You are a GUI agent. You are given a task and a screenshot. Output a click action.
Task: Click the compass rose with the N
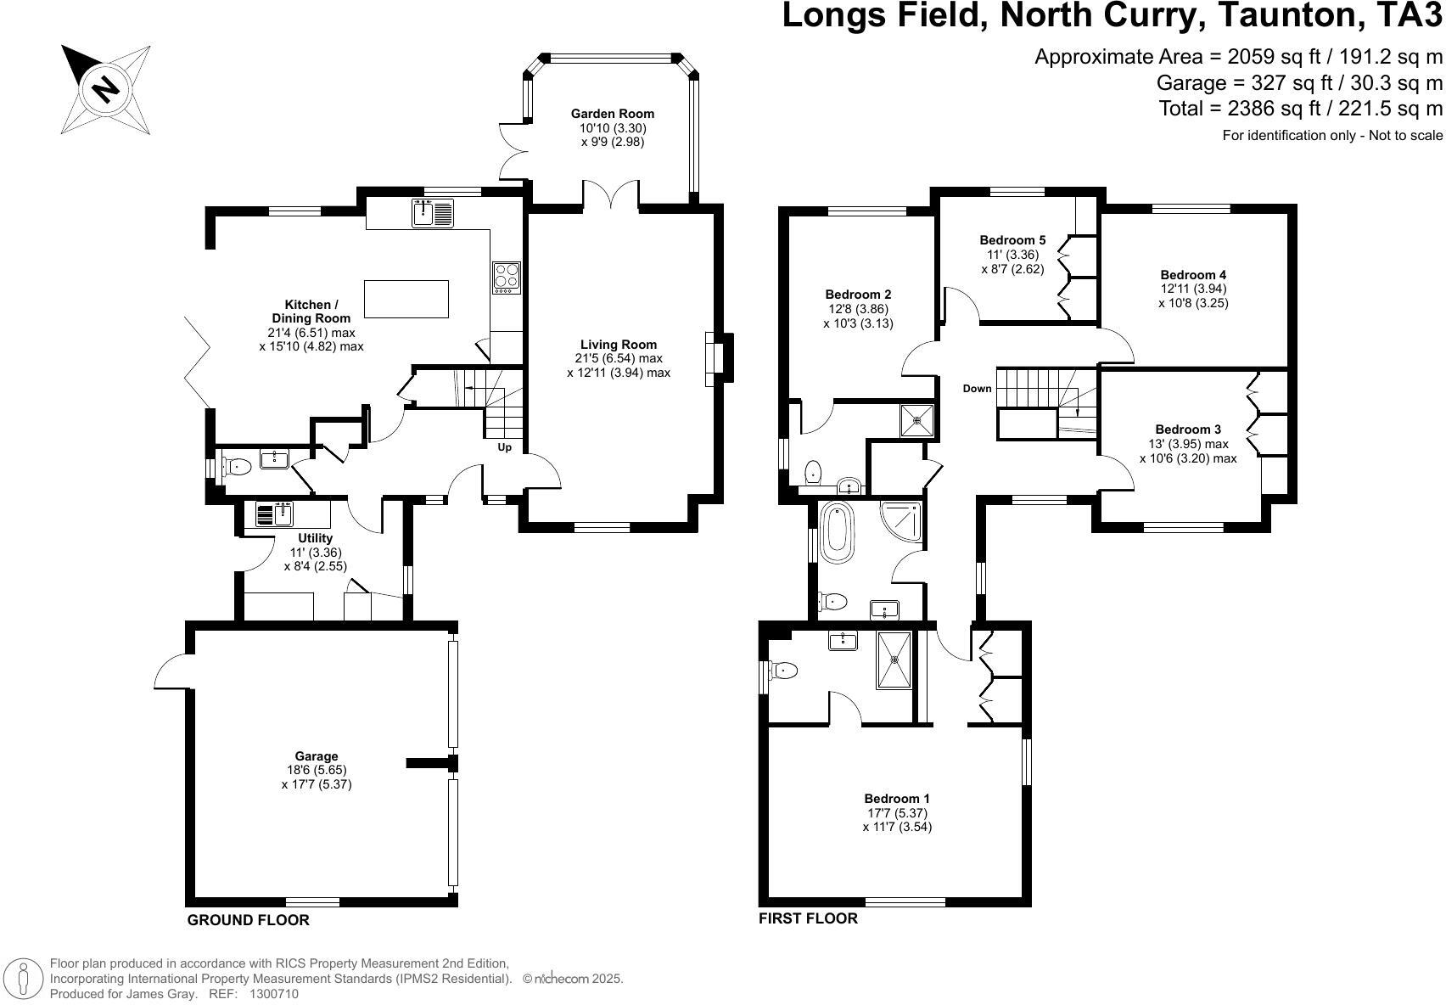pyautogui.click(x=105, y=88)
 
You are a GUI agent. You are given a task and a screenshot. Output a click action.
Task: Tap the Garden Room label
pyautogui.click(x=612, y=114)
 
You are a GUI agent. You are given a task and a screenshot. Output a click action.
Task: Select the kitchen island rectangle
pyautogui.click(x=406, y=299)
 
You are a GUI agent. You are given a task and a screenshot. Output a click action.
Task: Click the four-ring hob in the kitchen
pyautogui.click(x=507, y=278)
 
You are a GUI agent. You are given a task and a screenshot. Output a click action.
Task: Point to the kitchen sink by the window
pyautogui.click(x=433, y=212)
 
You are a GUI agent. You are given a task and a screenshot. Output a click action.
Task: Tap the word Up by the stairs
pyautogui.click(x=504, y=447)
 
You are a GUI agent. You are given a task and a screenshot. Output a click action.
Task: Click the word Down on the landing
pyautogui.click(x=977, y=389)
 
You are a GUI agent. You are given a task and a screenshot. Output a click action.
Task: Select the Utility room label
pyautogui.click(x=315, y=538)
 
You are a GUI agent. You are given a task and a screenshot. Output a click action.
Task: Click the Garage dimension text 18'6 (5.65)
pyautogui.click(x=316, y=770)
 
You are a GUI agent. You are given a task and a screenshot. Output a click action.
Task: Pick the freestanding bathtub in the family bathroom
pyautogui.click(x=836, y=532)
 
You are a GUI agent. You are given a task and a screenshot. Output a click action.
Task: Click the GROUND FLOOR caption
pyautogui.click(x=248, y=920)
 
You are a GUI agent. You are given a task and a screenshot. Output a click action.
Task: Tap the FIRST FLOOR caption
pyautogui.click(x=808, y=918)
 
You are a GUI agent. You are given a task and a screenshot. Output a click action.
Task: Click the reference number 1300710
pyautogui.click(x=273, y=994)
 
